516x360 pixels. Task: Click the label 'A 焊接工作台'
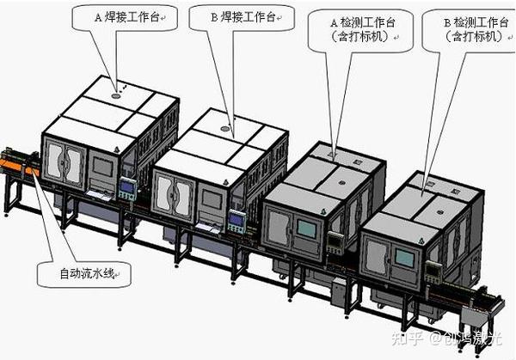coord(126,16)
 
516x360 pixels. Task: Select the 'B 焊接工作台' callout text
coord(243,16)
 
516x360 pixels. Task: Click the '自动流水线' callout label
coord(83,275)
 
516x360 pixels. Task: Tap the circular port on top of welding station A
coord(115,97)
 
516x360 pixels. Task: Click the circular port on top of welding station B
coord(225,129)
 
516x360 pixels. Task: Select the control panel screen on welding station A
coord(127,187)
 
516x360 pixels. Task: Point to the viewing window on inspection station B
coord(405,258)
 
